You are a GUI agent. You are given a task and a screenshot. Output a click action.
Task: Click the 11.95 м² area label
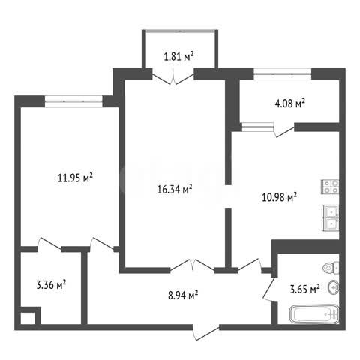tap(75, 178)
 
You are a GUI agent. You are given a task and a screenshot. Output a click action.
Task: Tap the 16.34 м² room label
tap(175, 189)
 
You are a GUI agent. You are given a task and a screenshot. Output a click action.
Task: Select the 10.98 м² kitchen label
tap(280, 197)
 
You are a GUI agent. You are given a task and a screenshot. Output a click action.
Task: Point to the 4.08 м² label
tap(290, 103)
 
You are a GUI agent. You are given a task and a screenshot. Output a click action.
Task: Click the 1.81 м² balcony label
tap(179, 56)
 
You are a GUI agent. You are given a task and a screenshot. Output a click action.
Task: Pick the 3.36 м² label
tap(51, 284)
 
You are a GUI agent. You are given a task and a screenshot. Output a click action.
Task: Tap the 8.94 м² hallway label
tap(183, 295)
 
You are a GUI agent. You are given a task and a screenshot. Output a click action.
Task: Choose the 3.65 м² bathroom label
tap(304, 289)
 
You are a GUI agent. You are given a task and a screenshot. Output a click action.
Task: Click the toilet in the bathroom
tap(331, 268)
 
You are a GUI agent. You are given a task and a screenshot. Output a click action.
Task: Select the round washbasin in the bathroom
tap(334, 288)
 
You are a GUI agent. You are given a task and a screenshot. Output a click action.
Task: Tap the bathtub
tap(314, 314)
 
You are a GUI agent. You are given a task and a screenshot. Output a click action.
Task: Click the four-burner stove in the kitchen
tap(330, 187)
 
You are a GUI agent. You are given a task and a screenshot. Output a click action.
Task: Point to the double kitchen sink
tap(331, 218)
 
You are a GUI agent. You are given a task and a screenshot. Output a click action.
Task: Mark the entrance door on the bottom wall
tap(206, 332)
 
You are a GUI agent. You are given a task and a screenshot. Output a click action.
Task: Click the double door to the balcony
tap(173, 77)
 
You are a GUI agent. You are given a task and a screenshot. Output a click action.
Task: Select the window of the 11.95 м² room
tap(73, 101)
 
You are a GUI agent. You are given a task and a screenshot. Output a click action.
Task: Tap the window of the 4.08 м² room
tap(283, 74)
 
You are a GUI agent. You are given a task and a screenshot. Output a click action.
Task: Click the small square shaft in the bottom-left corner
tap(28, 318)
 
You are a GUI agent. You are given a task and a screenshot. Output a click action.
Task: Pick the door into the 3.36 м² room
tap(49, 244)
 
